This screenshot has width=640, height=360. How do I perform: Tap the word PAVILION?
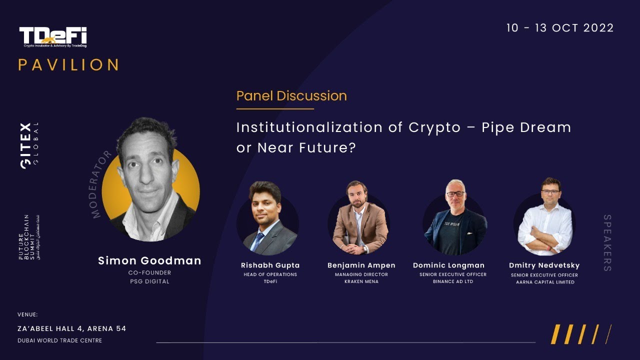tap(69, 65)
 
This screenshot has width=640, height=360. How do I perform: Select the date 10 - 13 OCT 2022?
tap(559, 28)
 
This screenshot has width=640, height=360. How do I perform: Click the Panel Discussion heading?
tap(291, 96)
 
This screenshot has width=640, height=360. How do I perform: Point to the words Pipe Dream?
tap(526, 127)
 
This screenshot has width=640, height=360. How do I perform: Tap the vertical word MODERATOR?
tap(101, 184)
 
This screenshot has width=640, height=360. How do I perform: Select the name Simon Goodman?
tap(149, 260)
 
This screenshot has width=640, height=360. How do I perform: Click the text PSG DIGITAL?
tap(149, 281)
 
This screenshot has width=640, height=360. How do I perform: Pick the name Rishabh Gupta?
tap(270, 265)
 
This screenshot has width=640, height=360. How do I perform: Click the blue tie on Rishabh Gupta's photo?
tap(258, 240)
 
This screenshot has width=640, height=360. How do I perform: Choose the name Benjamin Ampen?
tap(361, 265)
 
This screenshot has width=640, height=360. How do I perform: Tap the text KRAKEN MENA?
tap(361, 282)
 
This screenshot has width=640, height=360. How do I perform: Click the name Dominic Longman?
tap(448, 265)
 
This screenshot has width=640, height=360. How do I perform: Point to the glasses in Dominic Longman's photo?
tap(454, 194)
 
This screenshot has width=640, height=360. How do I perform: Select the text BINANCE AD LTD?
tap(453, 282)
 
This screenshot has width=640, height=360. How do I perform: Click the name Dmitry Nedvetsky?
tap(544, 265)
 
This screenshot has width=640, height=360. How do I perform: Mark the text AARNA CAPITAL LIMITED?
tap(544, 282)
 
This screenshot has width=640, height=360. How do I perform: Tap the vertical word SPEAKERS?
tap(607, 243)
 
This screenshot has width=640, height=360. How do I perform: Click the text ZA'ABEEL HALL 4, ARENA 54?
tap(72, 329)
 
